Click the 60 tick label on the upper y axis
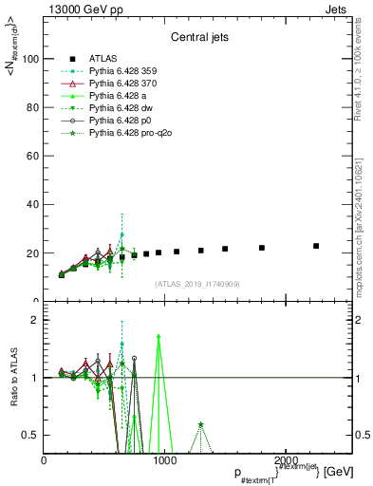point(31,157)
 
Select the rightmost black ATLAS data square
point(316,246)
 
